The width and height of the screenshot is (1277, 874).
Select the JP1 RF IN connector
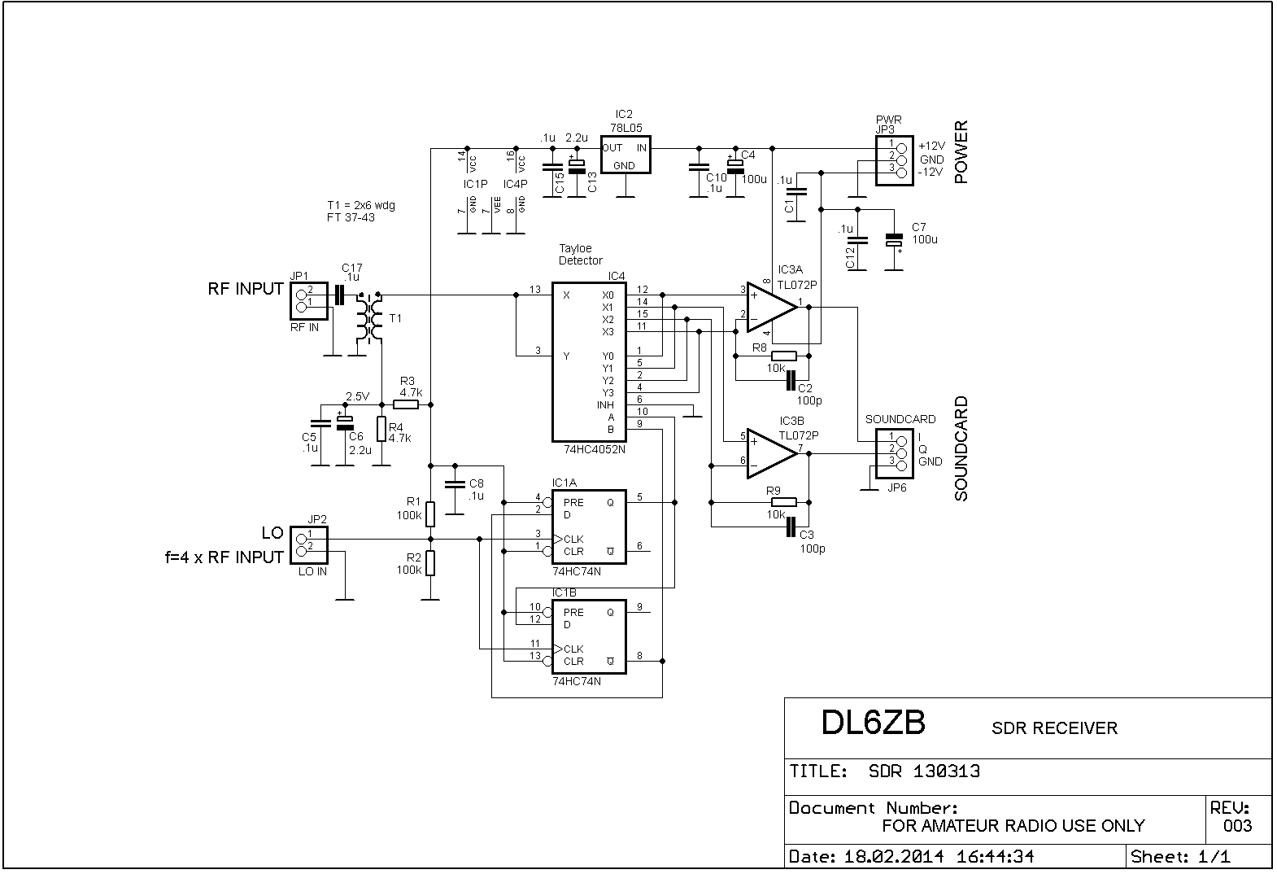point(308,301)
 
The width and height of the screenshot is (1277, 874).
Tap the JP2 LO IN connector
point(308,545)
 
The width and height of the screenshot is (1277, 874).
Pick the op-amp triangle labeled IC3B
point(771,452)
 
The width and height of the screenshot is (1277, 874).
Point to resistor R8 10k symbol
point(784,356)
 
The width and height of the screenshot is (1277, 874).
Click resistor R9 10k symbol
point(784,503)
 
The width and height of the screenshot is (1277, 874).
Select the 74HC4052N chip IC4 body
point(589,362)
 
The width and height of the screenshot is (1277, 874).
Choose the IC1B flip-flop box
point(589,636)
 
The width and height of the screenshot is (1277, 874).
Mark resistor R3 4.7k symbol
point(407,404)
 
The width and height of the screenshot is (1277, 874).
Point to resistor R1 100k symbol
point(431,514)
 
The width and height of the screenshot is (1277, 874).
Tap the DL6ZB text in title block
point(873,723)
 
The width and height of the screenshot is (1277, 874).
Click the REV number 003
point(1237,826)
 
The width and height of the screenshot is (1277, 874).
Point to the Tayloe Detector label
point(580,255)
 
